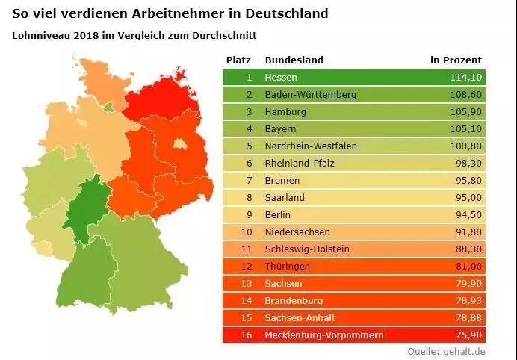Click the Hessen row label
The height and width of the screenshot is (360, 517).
pyautogui.click(x=281, y=78)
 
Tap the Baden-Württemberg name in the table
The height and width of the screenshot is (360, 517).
pyautogui.click(x=310, y=95)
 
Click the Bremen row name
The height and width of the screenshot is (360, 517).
pyautogui.click(x=282, y=181)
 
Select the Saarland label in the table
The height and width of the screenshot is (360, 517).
pyautogui.click(x=285, y=198)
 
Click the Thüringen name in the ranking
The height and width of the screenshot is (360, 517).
pyautogui.click(x=287, y=266)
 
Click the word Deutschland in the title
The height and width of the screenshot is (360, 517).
pyautogui.click(x=282, y=13)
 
